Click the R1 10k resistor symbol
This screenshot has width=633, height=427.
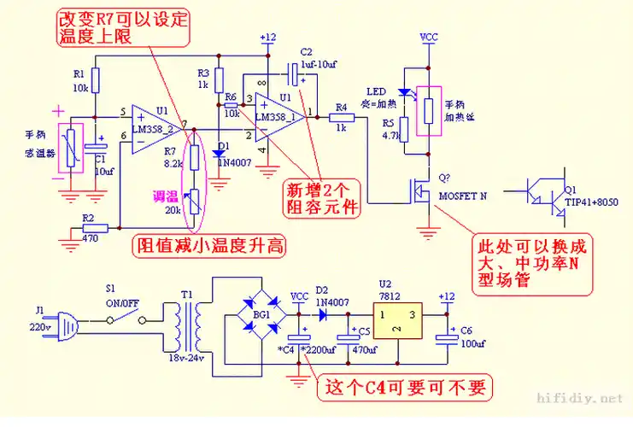(x=96, y=80)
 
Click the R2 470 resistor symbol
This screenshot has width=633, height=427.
(x=96, y=228)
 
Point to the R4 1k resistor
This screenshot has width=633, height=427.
(x=341, y=119)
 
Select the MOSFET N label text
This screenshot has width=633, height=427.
(x=462, y=196)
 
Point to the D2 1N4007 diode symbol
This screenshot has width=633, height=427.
(x=324, y=313)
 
